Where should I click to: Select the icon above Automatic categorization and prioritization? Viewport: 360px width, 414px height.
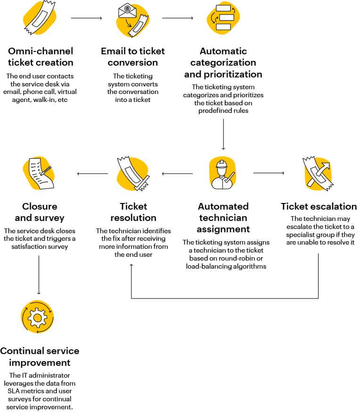(224, 19)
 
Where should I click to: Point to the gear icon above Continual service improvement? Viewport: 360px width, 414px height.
(37, 318)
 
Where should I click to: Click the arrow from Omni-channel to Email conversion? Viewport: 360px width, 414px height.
(86, 18)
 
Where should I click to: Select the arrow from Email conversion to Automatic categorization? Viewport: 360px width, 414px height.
(177, 18)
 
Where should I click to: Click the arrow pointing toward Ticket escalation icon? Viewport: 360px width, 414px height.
(269, 173)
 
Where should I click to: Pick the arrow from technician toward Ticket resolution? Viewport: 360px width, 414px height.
(177, 174)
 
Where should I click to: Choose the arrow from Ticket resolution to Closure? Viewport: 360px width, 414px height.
(92, 174)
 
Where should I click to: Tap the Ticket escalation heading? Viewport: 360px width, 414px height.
(319, 206)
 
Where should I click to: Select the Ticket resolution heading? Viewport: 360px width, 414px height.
(133, 212)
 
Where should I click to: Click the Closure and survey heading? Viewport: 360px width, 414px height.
(40, 212)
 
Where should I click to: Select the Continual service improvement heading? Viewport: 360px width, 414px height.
(40, 356)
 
